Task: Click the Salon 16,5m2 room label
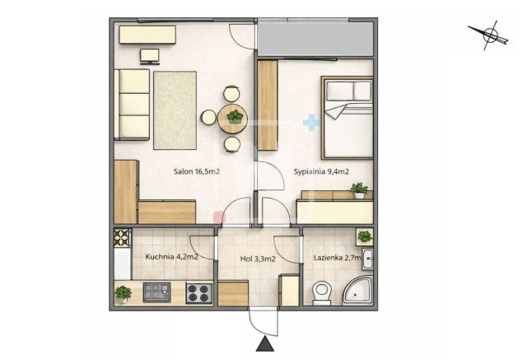pos(197,171)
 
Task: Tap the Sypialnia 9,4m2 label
pos(321,172)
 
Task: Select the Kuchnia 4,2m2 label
pos(171,257)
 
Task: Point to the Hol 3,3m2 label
pos(258,259)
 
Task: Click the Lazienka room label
pos(338,258)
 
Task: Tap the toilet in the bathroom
pos(322,293)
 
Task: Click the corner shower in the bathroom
pos(358,291)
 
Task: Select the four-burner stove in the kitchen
pos(199,292)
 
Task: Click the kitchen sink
pos(157,292)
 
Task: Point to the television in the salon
pos(150,57)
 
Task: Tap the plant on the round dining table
pos(235,117)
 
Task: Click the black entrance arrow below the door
pos(265,344)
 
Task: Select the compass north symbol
pos(491,35)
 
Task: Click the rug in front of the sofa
pos(175,110)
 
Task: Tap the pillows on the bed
pos(349,91)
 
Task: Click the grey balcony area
pos(315,39)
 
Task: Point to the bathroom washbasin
pos(367,259)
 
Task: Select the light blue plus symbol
pos(311,123)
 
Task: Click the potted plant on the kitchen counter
pos(123,294)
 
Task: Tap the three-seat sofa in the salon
pos(132,105)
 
